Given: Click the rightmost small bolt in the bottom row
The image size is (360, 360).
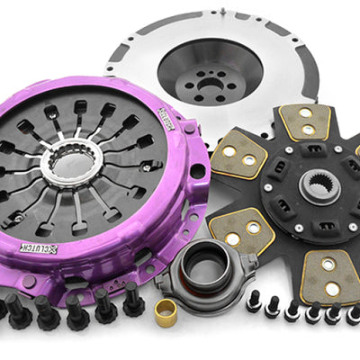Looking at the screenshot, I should tap(352, 315).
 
